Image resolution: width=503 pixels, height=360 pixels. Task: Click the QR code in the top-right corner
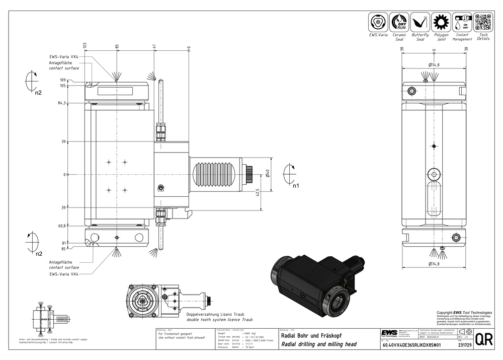[483, 22]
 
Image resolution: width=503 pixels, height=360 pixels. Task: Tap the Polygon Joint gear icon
[441, 22]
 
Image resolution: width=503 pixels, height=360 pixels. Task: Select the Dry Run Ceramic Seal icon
[399, 22]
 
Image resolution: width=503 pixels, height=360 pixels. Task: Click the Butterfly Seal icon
[420, 22]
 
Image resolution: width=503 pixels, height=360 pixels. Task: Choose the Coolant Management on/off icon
[462, 22]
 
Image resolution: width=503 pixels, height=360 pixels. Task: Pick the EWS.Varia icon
[378, 22]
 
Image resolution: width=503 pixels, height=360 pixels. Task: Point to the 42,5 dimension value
[258, 193]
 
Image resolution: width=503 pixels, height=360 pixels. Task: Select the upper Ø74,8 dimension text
[434, 65]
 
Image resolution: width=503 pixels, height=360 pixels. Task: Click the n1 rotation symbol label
[296, 185]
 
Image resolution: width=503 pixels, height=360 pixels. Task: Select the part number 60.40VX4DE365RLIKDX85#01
[411, 345]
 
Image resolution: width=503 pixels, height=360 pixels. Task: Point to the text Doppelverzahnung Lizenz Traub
[219, 314]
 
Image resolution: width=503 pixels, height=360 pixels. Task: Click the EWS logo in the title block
[389, 334]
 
